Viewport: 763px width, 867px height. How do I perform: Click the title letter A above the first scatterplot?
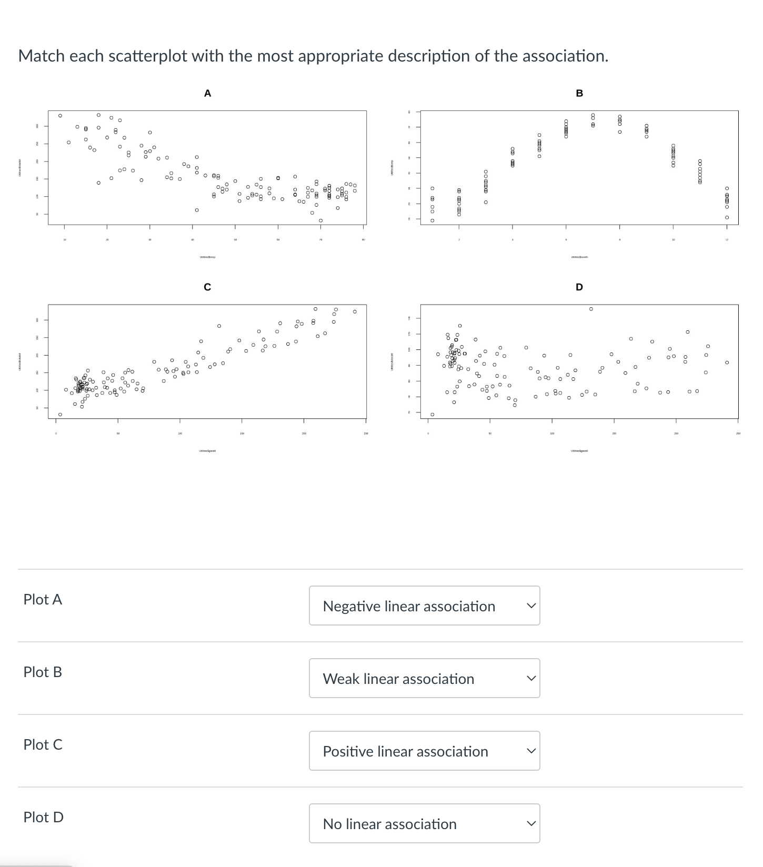coord(207,94)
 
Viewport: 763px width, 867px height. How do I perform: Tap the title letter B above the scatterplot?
coord(579,94)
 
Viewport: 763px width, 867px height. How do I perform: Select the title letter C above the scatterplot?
coord(207,287)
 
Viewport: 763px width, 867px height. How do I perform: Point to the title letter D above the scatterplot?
coord(579,287)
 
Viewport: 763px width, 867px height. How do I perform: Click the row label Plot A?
coord(43,599)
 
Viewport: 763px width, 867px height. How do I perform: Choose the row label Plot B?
coord(43,672)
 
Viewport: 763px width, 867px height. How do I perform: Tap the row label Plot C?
coord(43,744)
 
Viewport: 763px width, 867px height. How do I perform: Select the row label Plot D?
coord(43,817)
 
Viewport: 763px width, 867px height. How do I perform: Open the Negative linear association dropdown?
coord(424,606)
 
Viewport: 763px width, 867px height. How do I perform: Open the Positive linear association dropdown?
coord(424,751)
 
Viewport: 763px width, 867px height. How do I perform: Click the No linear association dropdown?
coord(424,823)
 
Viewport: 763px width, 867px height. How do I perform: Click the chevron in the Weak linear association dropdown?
coord(531,679)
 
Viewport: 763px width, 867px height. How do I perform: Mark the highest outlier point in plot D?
coord(591,309)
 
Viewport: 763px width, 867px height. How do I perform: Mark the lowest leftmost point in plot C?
coord(60,415)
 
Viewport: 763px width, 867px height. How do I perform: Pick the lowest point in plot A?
coord(320,220)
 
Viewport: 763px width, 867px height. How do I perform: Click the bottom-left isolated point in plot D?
coord(432,415)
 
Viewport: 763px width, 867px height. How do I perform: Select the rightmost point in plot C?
coord(355,311)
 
